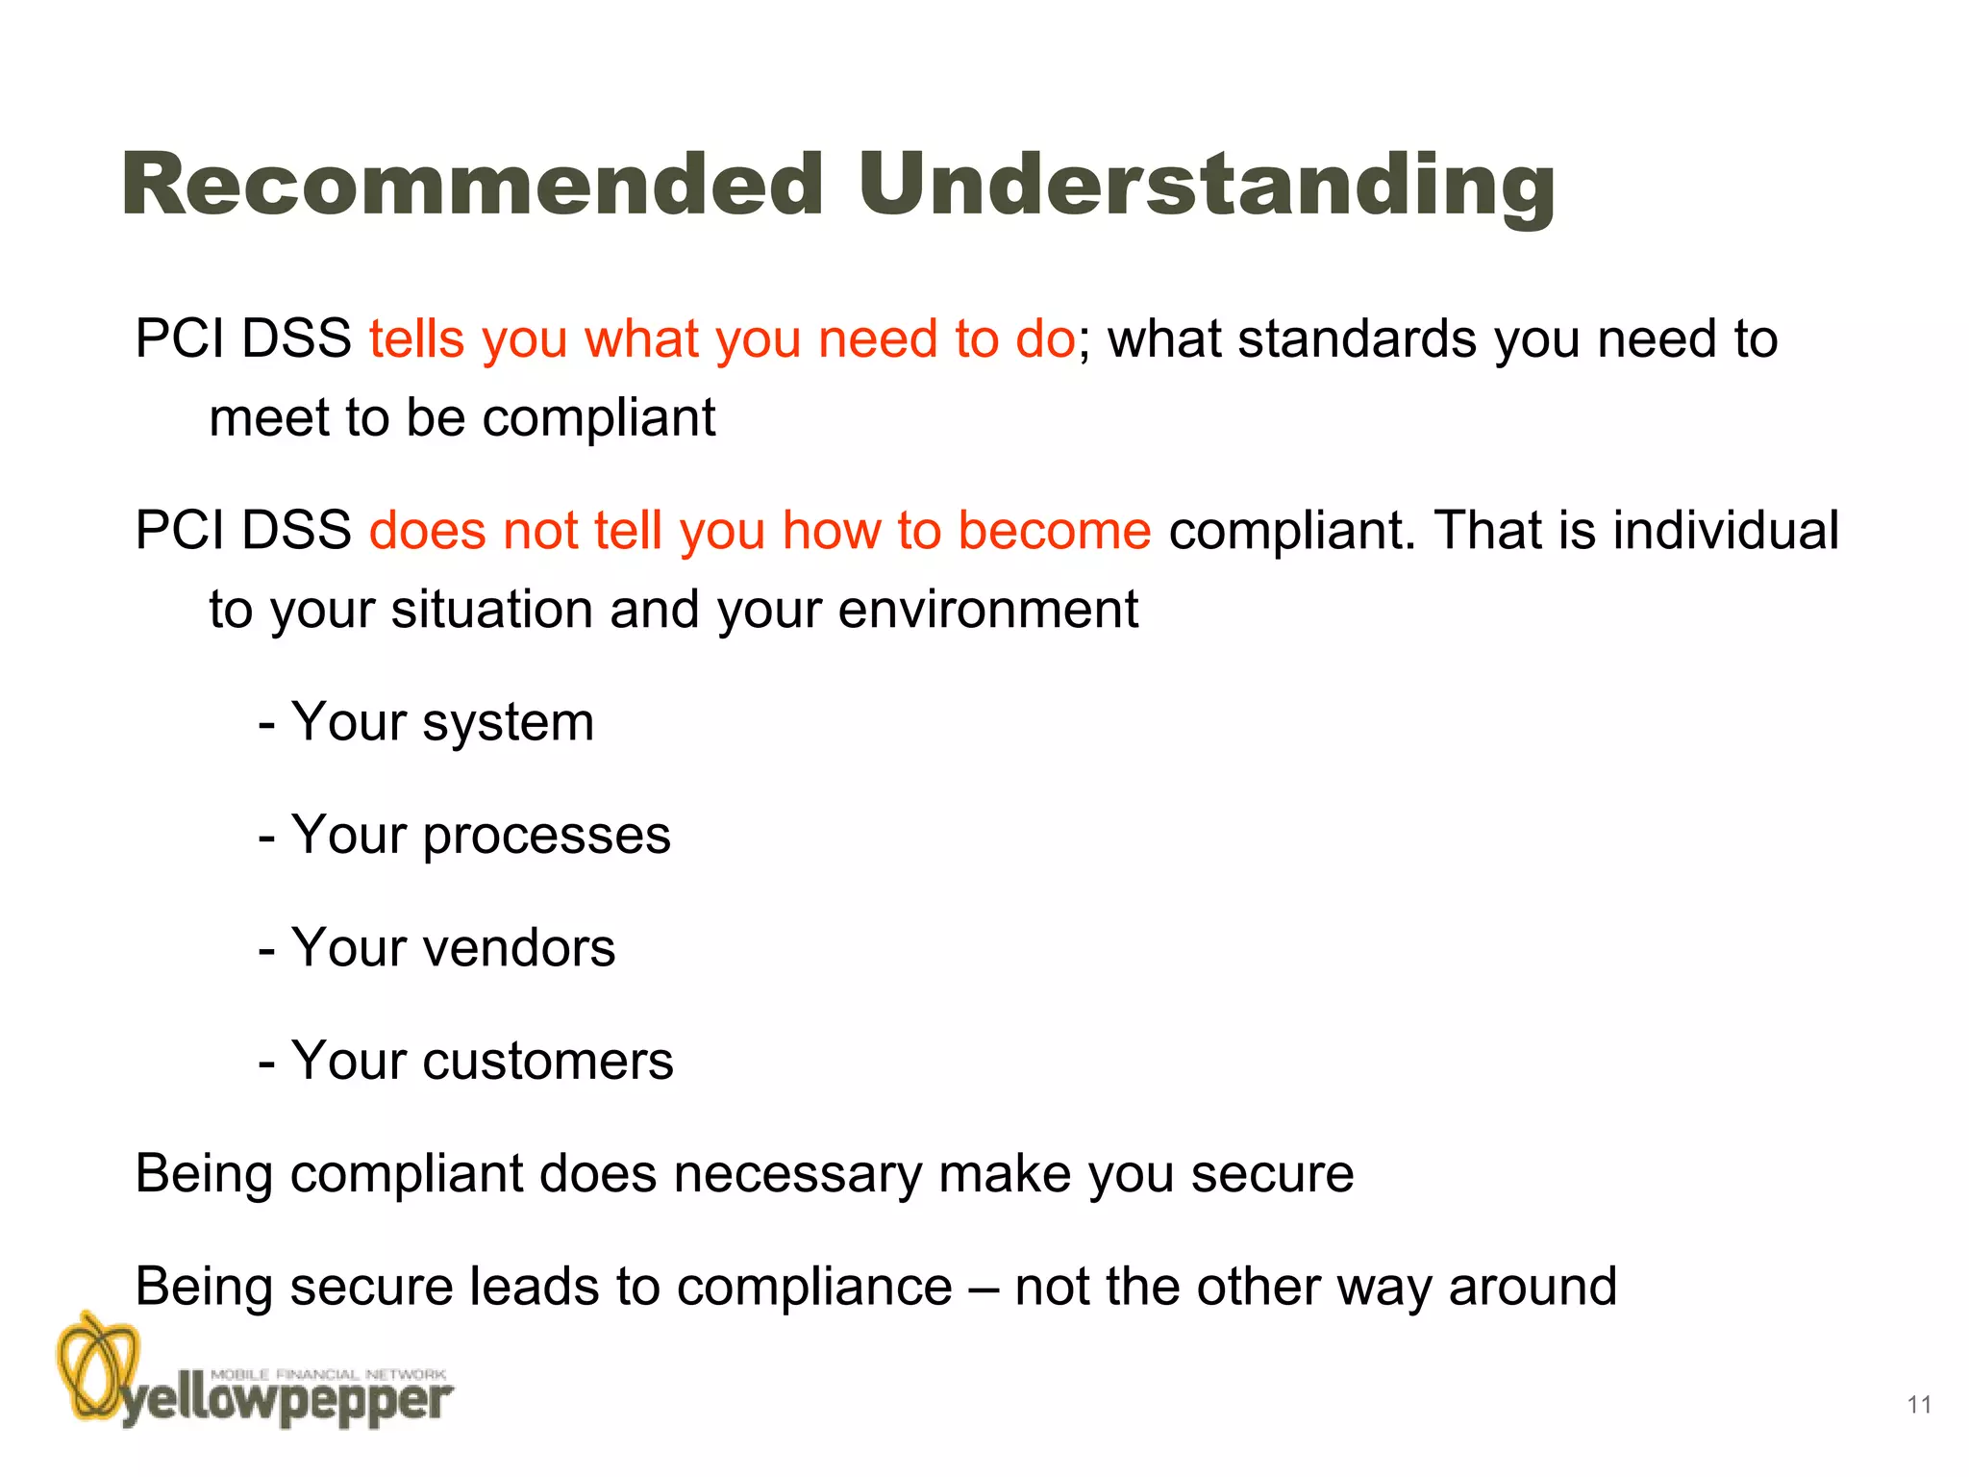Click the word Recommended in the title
[472, 185]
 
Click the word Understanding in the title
[1206, 187]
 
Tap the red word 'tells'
[416, 338]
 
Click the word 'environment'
[987, 610]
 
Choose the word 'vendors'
[519, 948]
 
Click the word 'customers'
[548, 1061]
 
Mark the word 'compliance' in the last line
[814, 1287]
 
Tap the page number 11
[1919, 1405]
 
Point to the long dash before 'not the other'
[984, 1288]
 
